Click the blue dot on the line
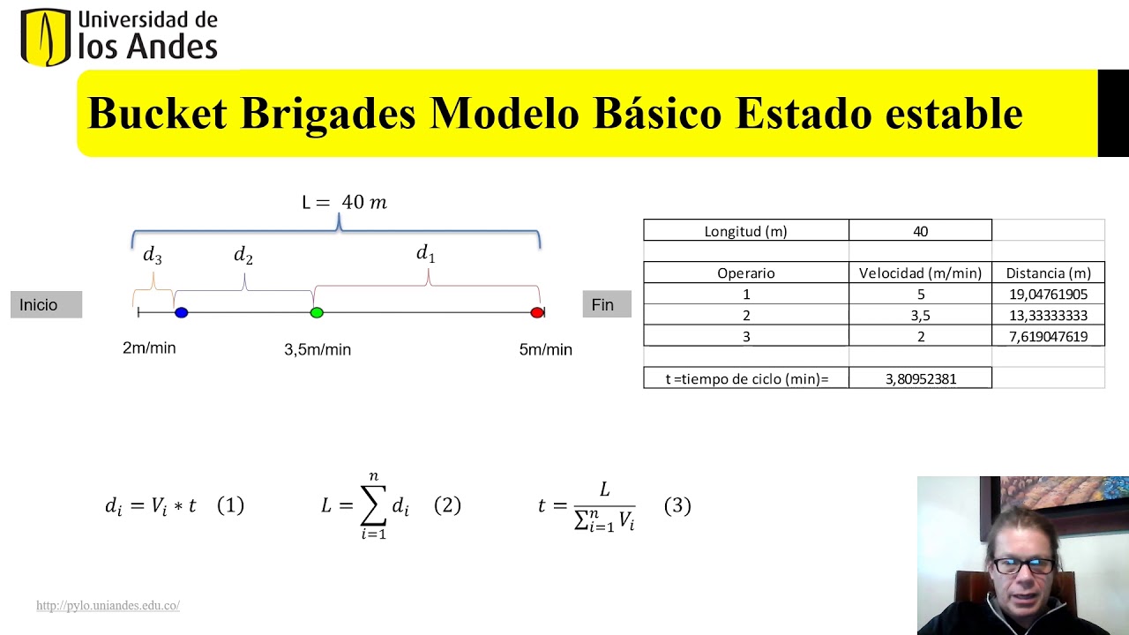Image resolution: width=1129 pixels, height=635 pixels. click(181, 312)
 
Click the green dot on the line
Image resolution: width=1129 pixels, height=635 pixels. click(317, 312)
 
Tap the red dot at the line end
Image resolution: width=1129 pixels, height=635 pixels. click(536, 312)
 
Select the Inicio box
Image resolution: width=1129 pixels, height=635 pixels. click(46, 304)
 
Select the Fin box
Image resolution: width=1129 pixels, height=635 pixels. click(606, 304)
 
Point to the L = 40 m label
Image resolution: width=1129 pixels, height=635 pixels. click(344, 202)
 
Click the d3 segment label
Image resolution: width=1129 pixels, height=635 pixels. click(153, 256)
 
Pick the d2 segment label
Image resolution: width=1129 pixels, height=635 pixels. click(243, 256)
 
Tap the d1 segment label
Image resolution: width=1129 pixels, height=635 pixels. click(426, 254)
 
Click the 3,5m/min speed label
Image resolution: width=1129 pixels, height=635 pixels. click(318, 350)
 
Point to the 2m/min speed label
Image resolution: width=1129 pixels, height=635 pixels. click(149, 348)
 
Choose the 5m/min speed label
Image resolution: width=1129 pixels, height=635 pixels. click(545, 350)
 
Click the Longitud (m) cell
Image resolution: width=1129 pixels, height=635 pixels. click(745, 231)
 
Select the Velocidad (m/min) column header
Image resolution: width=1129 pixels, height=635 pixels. click(920, 273)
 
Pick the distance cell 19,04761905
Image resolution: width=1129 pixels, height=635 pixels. click(1048, 295)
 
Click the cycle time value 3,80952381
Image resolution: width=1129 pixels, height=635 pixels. click(920, 378)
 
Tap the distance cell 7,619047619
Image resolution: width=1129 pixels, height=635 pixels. click(1048, 337)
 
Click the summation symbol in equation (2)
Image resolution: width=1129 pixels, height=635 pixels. click(374, 505)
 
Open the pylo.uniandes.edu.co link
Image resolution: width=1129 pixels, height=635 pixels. click(108, 606)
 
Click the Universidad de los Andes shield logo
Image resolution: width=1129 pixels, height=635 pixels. click(45, 37)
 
